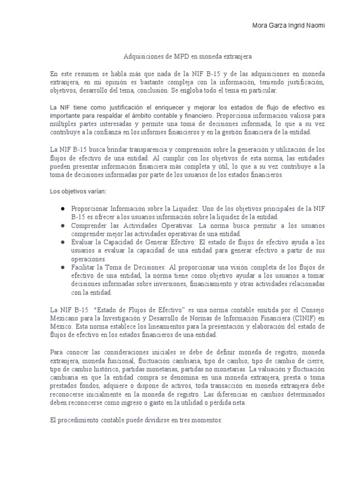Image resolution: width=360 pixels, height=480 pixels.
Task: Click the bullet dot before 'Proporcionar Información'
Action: pos(62,208)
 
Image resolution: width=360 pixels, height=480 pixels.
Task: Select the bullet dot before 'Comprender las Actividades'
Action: pos(62,225)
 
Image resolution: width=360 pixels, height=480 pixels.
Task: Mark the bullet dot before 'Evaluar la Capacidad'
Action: pos(62,242)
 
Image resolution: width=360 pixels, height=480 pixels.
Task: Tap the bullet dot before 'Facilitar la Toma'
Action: pos(62,267)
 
